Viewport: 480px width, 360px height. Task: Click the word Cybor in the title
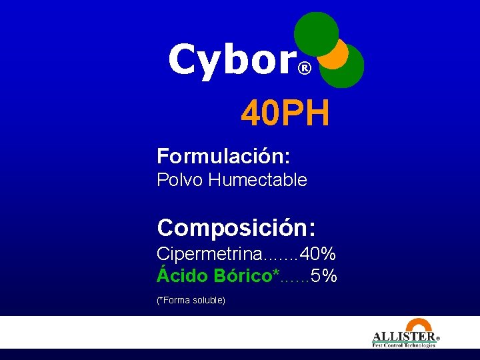[x=230, y=60]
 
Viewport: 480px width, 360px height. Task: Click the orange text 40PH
[x=285, y=113]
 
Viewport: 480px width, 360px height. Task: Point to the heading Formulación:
[x=223, y=157]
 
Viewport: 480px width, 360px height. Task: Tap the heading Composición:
[x=237, y=228]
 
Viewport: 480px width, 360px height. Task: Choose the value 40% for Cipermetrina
[x=318, y=254]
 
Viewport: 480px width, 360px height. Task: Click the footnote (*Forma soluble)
[x=191, y=301]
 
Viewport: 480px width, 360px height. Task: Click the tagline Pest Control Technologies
[x=403, y=345]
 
